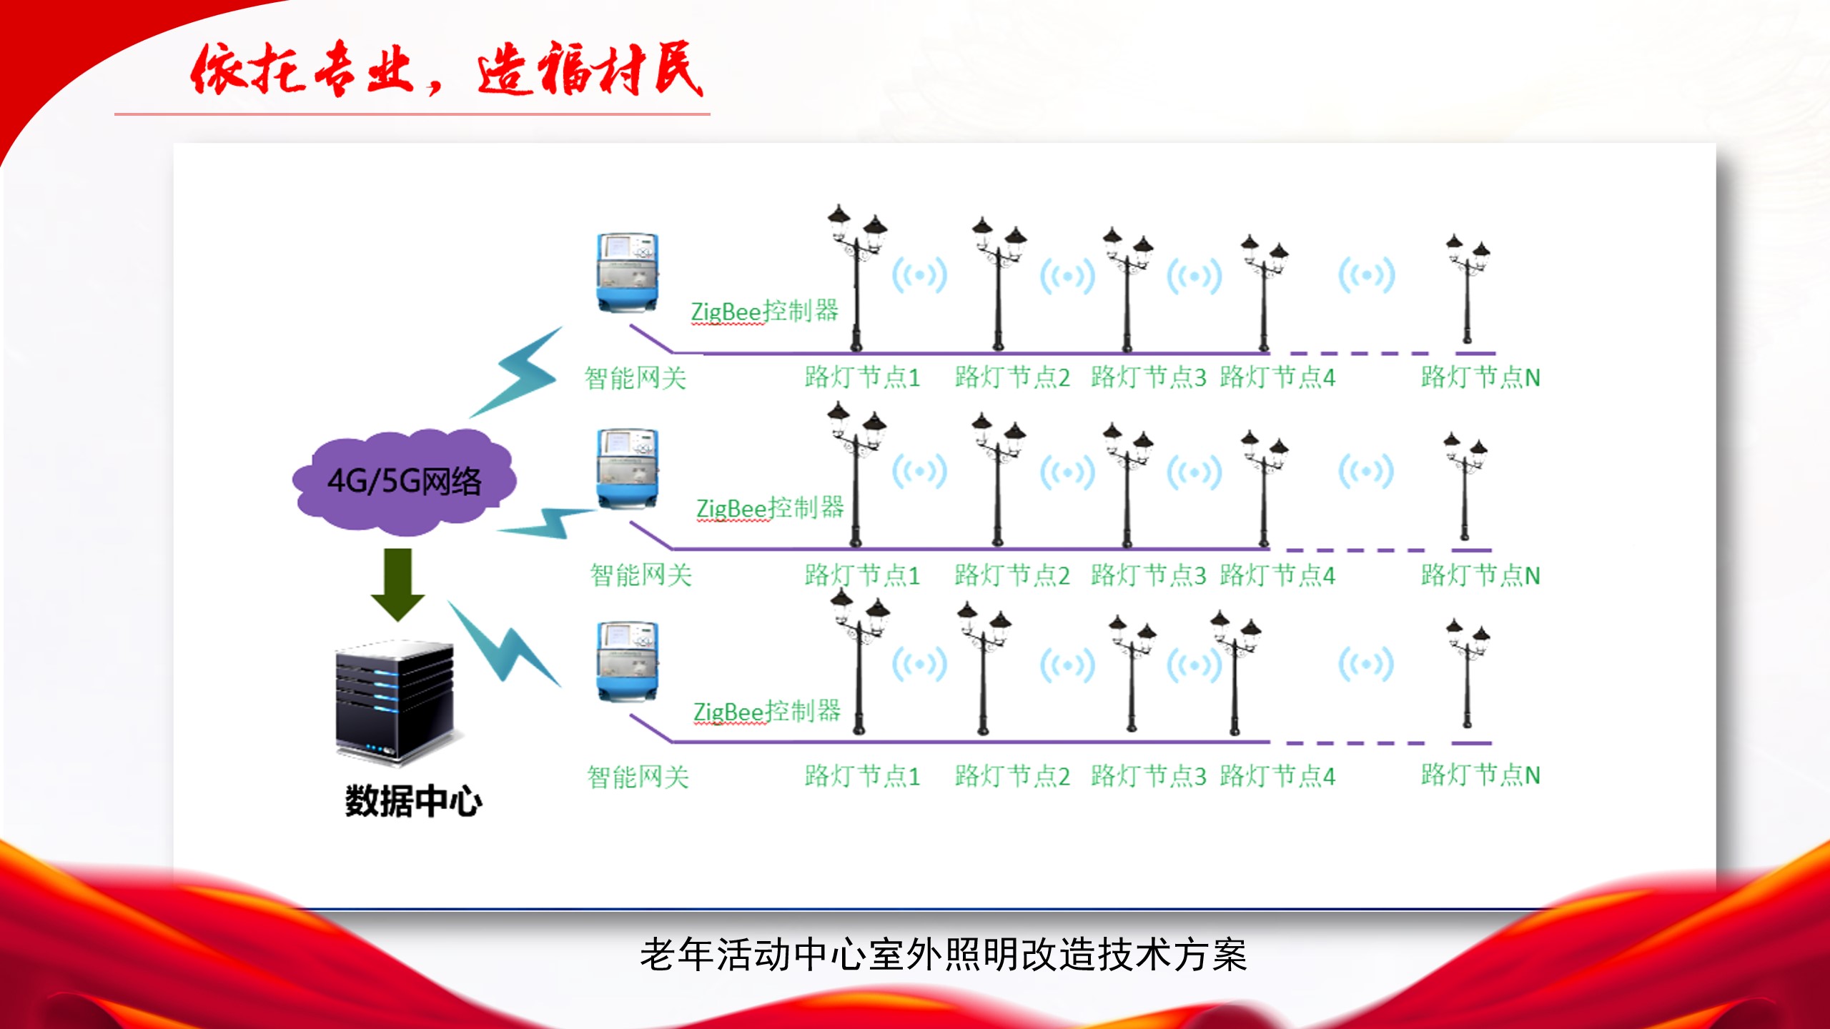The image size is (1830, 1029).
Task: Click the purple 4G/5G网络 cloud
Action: click(x=404, y=481)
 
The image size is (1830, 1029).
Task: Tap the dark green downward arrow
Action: click(x=397, y=582)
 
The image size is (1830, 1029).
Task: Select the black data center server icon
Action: click(x=395, y=700)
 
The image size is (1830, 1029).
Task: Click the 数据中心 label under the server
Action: click(x=413, y=801)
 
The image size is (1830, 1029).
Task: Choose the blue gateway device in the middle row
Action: click(x=627, y=468)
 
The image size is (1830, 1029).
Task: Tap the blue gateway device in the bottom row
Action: click(x=627, y=661)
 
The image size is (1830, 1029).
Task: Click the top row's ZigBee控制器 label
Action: click(x=764, y=312)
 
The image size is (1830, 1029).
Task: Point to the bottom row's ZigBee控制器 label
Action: click(x=767, y=712)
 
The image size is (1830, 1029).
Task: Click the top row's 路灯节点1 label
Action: click(x=862, y=377)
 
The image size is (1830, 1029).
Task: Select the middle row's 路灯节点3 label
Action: click(x=1148, y=575)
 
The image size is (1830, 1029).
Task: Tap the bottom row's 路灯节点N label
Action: click(x=1480, y=775)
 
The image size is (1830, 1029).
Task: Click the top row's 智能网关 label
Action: click(x=635, y=378)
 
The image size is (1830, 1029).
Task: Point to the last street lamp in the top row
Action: click(x=1467, y=289)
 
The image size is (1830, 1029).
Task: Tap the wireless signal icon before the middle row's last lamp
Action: click(x=1365, y=472)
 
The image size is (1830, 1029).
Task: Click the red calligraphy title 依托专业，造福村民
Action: click(x=447, y=69)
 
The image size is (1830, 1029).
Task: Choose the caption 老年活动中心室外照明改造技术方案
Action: click(x=943, y=955)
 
